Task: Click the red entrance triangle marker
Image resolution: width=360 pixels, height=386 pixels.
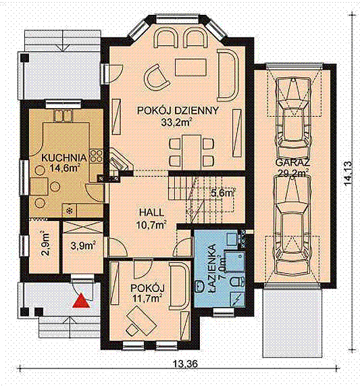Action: tap(81, 301)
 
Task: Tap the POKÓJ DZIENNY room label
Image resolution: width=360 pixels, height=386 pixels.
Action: tap(178, 111)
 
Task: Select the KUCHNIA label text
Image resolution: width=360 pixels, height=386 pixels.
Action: tap(64, 158)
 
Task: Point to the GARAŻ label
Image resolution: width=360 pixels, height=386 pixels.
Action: tap(292, 163)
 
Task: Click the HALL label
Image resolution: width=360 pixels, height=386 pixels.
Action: tap(151, 212)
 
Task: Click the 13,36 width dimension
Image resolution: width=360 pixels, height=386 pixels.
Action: tap(185, 363)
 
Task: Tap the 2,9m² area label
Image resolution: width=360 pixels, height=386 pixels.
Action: tap(45, 243)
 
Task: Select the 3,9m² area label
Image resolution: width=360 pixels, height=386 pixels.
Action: tap(83, 245)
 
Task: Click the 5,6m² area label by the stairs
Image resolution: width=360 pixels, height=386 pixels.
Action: tap(223, 193)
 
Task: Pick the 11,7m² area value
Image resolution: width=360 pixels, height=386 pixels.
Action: tap(147, 298)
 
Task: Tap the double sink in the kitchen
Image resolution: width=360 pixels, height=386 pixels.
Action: tap(63, 116)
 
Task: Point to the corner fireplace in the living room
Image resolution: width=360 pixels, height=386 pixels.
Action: tap(120, 162)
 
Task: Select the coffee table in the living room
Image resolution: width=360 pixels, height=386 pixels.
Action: tap(190, 67)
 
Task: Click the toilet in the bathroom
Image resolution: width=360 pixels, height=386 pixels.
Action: tap(237, 282)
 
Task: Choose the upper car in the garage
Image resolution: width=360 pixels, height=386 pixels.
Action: tap(292, 114)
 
